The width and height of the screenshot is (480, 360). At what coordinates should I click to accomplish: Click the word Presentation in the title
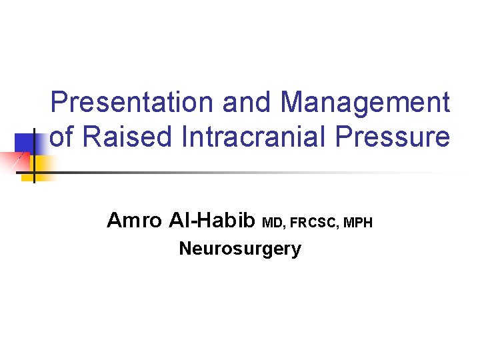pyautogui.click(x=132, y=103)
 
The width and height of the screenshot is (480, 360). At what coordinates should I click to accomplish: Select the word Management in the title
pyautogui.click(x=365, y=103)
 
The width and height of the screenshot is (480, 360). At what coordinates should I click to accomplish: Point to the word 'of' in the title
pyautogui.click(x=62, y=137)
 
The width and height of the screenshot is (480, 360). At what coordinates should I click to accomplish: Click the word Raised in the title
pyautogui.click(x=123, y=137)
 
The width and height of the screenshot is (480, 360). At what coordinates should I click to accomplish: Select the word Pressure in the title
pyautogui.click(x=393, y=137)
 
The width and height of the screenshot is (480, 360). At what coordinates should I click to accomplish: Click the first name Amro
pyautogui.click(x=134, y=220)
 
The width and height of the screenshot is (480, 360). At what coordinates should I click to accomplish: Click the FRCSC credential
pyautogui.click(x=313, y=223)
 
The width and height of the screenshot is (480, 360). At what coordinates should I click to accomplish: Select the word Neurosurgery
pyautogui.click(x=240, y=249)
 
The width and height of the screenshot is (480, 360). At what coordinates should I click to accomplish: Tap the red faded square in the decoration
pyautogui.click(x=13, y=161)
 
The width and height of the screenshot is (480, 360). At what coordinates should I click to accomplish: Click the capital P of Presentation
pyautogui.click(x=59, y=103)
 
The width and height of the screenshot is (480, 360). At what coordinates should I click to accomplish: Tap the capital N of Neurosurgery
pyautogui.click(x=185, y=249)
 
